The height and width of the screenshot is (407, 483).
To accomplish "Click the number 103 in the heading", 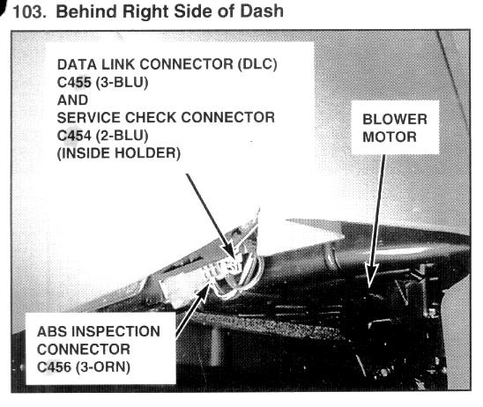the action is click(29, 11).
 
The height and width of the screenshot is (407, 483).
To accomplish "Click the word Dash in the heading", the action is click(262, 11).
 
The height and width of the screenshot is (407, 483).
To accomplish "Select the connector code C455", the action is click(74, 82).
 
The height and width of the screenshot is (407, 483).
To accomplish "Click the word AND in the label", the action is click(72, 100).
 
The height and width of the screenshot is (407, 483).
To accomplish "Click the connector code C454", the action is click(74, 136).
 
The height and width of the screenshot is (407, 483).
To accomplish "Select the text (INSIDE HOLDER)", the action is click(119, 153).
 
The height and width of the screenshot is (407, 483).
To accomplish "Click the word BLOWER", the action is click(395, 120).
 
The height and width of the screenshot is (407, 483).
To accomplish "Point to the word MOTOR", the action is click(390, 137).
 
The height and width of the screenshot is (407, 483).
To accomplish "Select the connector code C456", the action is click(55, 367).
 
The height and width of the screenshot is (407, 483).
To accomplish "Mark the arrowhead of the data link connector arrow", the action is click(230, 252).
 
